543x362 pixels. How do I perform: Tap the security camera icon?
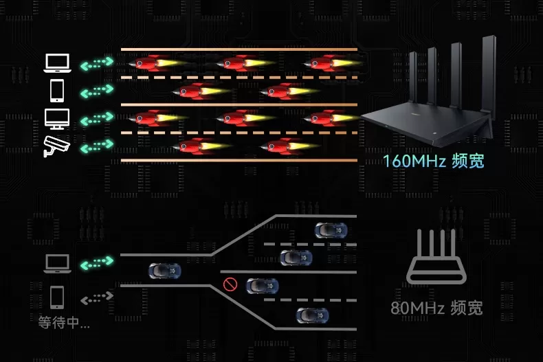pyautogui.click(x=56, y=146)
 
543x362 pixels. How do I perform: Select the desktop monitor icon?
pyautogui.click(x=56, y=118)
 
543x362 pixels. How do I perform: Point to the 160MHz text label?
pyautogui.click(x=433, y=161)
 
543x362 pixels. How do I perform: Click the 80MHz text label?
pyautogui.click(x=436, y=307)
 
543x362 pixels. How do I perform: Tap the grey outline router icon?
pyautogui.click(x=437, y=258)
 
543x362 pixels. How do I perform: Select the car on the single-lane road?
pyautogui.click(x=165, y=271)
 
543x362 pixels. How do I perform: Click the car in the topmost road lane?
pyautogui.click(x=331, y=230)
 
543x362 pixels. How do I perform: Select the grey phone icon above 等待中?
pyautogui.click(x=57, y=297)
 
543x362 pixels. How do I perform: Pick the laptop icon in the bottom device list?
pyautogui.click(x=56, y=263)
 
